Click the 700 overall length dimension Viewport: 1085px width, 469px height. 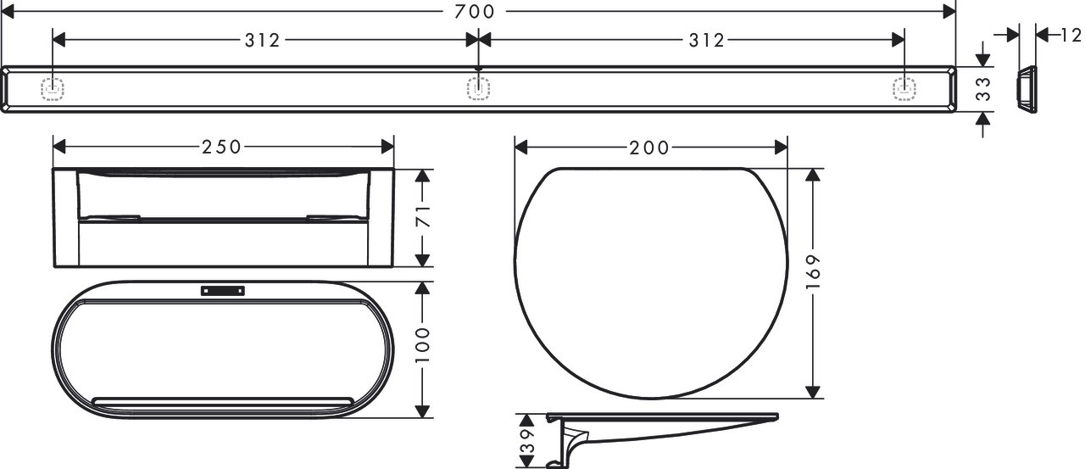474,12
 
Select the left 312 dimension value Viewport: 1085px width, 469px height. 262,40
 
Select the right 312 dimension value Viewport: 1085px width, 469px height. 707,40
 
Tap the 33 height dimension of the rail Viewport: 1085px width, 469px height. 983,89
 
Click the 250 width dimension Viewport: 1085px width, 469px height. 221,147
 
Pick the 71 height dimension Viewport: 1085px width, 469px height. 423,216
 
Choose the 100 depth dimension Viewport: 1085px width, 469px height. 423,345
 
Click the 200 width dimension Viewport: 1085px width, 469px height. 649,148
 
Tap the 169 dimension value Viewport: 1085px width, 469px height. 813,271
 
